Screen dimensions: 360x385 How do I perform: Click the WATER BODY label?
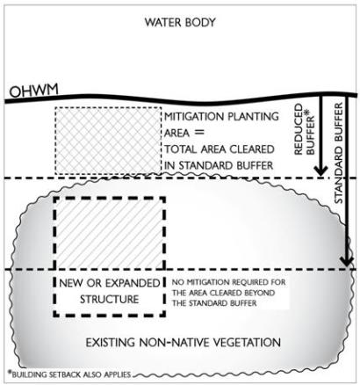coord(180,23)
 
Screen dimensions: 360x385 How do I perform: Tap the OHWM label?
coord(33,91)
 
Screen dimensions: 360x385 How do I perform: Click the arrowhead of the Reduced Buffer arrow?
coord(320,171)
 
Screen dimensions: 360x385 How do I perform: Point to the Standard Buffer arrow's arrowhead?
coord(347,260)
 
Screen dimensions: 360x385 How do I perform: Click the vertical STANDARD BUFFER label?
coord(338,153)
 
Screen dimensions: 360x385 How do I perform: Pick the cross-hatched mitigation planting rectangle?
coord(108,141)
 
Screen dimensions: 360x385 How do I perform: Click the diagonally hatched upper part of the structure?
coord(109,233)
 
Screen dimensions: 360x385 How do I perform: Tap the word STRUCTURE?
coord(110,299)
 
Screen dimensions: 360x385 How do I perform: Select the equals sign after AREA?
coord(199,133)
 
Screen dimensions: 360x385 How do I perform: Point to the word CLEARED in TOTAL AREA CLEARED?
coord(252,149)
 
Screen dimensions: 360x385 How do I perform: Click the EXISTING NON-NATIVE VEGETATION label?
coord(184,342)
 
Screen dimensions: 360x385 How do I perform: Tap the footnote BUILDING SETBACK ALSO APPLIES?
coord(71,374)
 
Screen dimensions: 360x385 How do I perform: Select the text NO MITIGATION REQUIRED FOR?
coord(228,282)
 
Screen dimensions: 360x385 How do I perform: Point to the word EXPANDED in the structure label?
coord(133,283)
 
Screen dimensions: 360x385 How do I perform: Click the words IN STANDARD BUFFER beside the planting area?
coord(219,165)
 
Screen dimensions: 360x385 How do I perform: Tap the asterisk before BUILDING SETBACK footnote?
coord(10,373)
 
